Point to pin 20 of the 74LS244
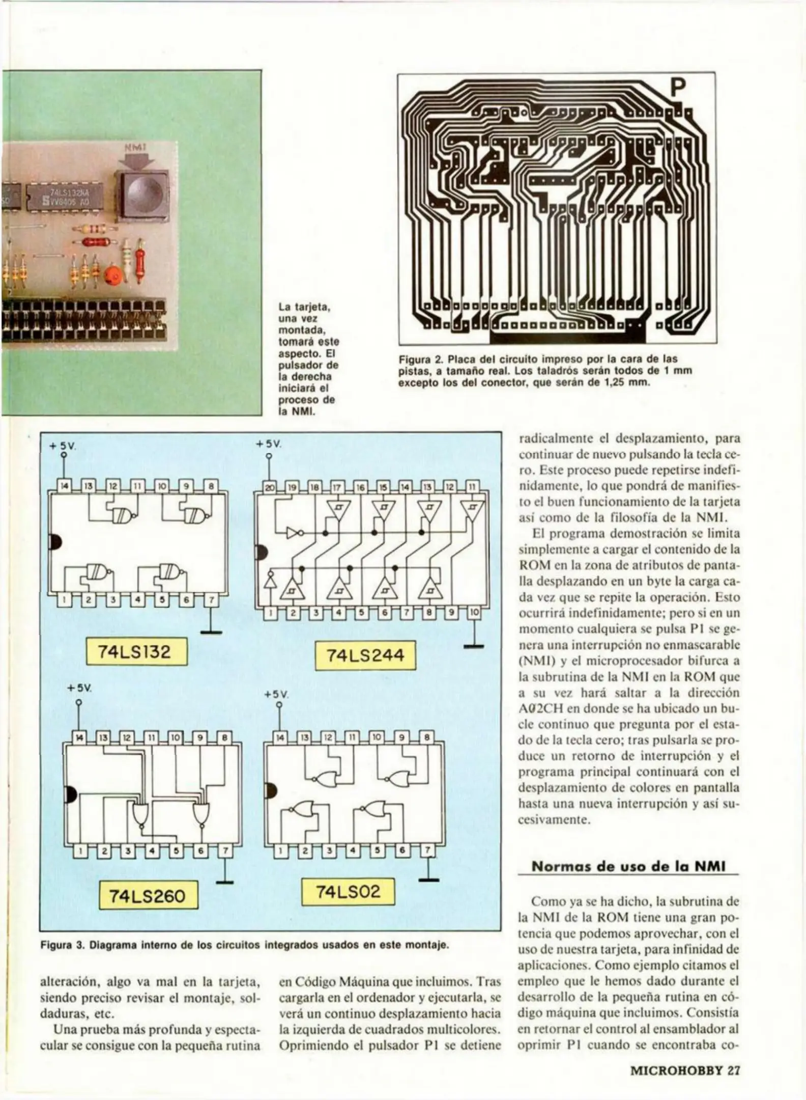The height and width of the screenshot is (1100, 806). pos(269,487)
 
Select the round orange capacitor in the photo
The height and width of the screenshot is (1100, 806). pos(112,276)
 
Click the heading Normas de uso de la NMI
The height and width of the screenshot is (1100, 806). pos(628,866)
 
